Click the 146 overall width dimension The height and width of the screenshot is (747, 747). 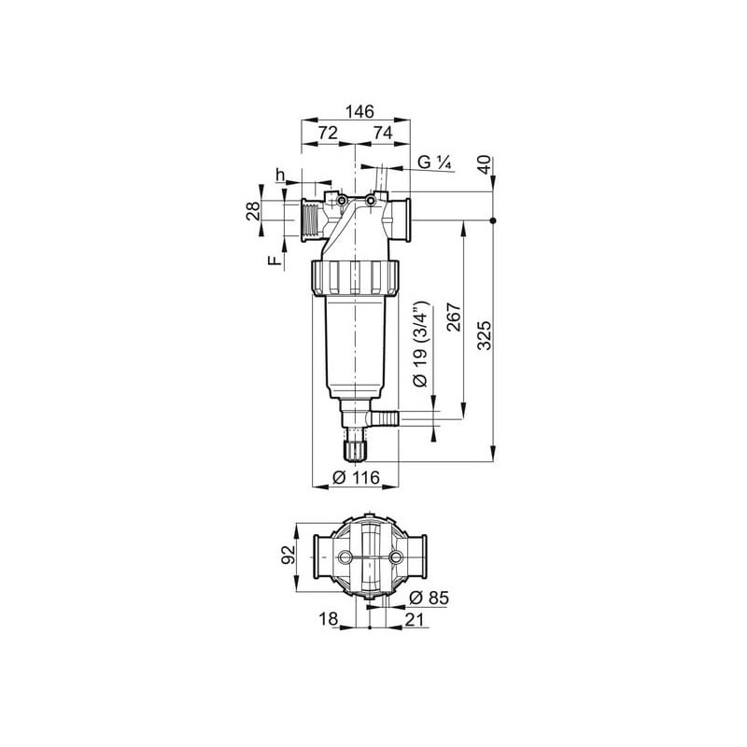pos(360,111)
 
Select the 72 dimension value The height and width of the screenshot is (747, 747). pos(328,133)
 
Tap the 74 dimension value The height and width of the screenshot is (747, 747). pos(383,133)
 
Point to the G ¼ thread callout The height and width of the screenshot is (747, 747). pos(434,162)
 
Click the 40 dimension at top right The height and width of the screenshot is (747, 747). pos(484,165)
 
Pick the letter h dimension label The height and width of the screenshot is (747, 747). pos(280,175)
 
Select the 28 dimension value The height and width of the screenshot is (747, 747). pos(253,210)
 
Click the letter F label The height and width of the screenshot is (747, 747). pos(274,261)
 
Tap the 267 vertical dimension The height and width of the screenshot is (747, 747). pos(454,317)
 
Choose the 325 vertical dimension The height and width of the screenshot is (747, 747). pos(484,335)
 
